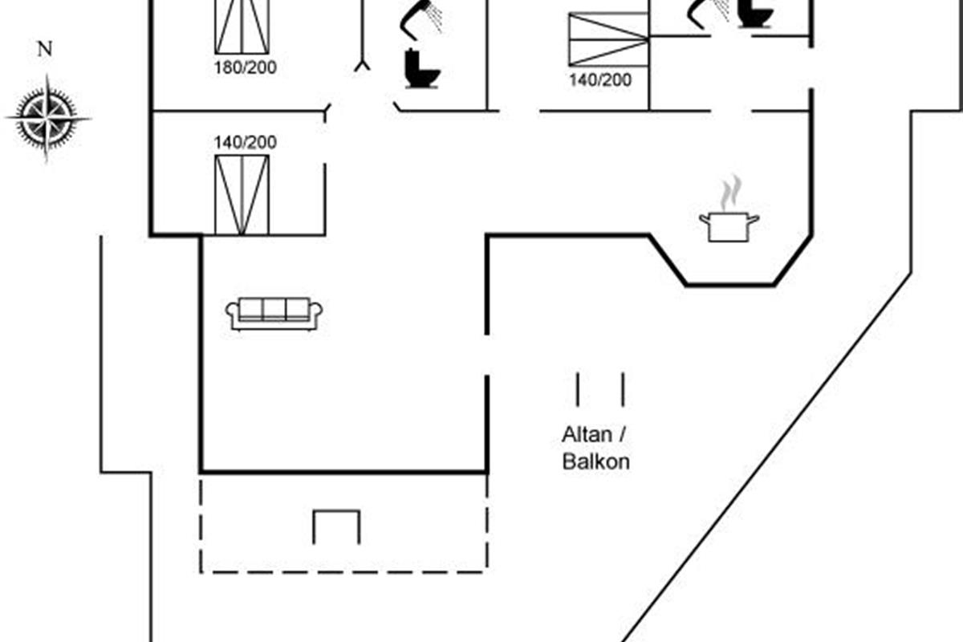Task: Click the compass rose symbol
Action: pos(47,118)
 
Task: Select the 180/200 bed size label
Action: pos(245,67)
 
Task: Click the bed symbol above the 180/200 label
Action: pos(242,26)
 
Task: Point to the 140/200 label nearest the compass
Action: pos(245,143)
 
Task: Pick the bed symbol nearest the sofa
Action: pos(242,195)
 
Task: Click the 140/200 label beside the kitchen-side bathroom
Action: pos(600,80)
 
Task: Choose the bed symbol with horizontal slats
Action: pos(607,39)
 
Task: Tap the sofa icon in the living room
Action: pos(274,313)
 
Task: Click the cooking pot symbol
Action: pos(729,226)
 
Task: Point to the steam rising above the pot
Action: pos(730,193)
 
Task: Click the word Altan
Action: pos(587,436)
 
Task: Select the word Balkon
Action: pos(595,462)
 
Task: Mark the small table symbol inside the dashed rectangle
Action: pos(336,526)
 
